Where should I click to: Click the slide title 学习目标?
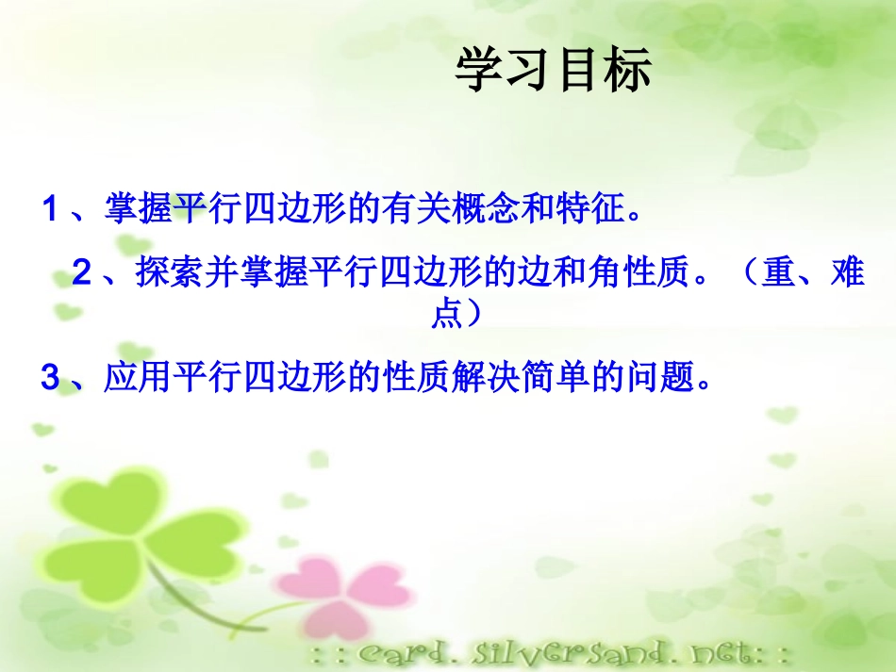pos(554,72)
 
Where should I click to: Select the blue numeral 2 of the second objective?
pos(82,273)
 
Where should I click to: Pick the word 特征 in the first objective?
pos(591,208)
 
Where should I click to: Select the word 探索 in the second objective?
pos(169,273)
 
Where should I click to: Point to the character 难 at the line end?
pos(847,273)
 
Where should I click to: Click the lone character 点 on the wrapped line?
pos(447,314)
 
